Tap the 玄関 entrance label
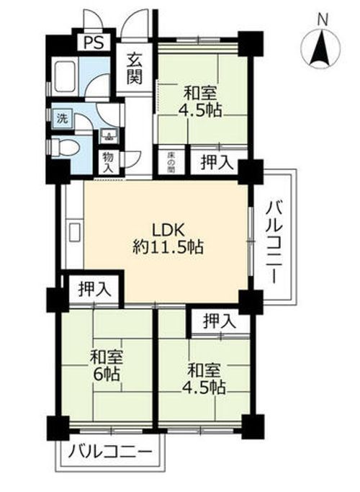point(135,70)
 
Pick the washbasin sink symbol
point(108,134)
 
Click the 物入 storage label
point(108,161)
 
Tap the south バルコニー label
point(112,454)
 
